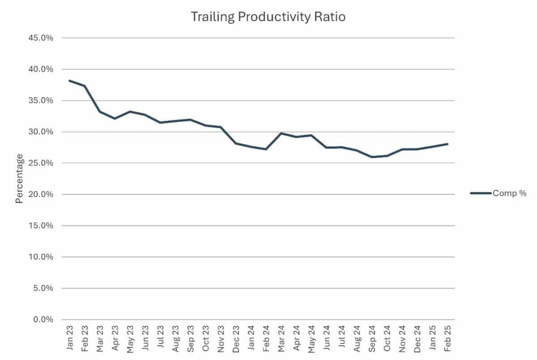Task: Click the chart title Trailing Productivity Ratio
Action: pyautogui.click(x=268, y=17)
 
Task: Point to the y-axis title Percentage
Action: pyautogui.click(x=19, y=179)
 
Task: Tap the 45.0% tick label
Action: pyautogui.click(x=41, y=38)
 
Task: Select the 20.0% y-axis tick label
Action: pyautogui.click(x=41, y=194)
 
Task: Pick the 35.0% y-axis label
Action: pyautogui.click(x=41, y=100)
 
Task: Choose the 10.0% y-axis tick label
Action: pyautogui.click(x=41, y=257)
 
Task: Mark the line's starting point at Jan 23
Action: pyautogui.click(x=69, y=81)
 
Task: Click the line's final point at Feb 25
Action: pyautogui.click(x=447, y=144)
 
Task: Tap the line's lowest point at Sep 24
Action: pyautogui.click(x=371, y=157)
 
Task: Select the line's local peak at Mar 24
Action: pyautogui.click(x=281, y=133)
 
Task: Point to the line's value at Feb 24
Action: pyautogui.click(x=266, y=149)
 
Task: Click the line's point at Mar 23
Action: pyautogui.click(x=99, y=111)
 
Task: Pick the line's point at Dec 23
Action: pyautogui.click(x=236, y=143)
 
